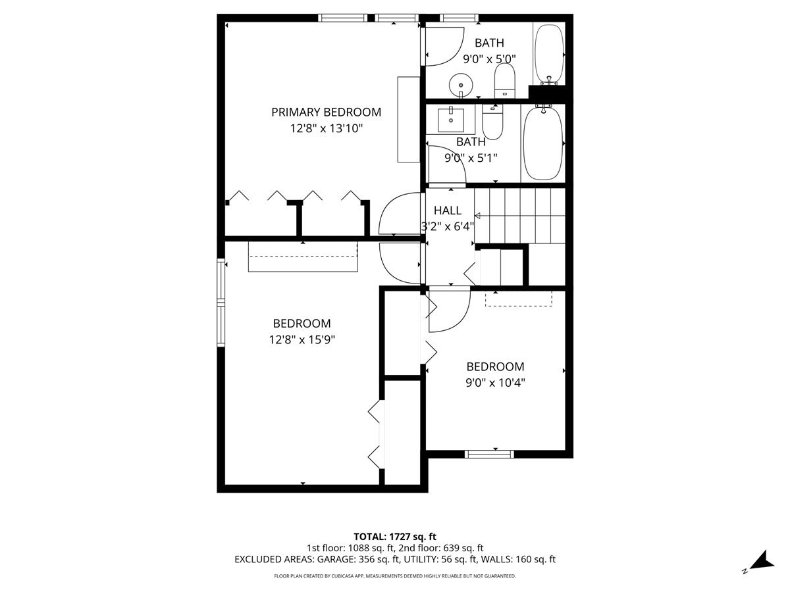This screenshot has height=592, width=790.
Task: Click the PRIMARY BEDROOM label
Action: click(326, 112)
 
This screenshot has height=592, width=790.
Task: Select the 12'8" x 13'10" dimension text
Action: click(326, 129)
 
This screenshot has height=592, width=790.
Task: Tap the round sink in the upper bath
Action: click(460, 84)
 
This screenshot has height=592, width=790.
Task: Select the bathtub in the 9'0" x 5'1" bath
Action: click(543, 143)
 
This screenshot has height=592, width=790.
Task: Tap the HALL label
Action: click(447, 210)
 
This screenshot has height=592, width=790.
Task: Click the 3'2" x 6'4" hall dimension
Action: click(448, 227)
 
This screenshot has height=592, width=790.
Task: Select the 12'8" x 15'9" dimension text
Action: click(302, 340)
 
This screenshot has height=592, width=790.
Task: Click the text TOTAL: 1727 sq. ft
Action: click(395, 536)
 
